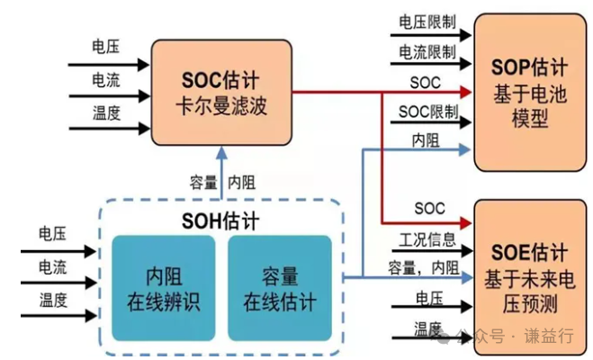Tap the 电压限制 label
coord(426,20)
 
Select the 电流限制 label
coord(426,52)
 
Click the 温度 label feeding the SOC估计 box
coord(105,112)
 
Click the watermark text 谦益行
coord(553,337)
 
